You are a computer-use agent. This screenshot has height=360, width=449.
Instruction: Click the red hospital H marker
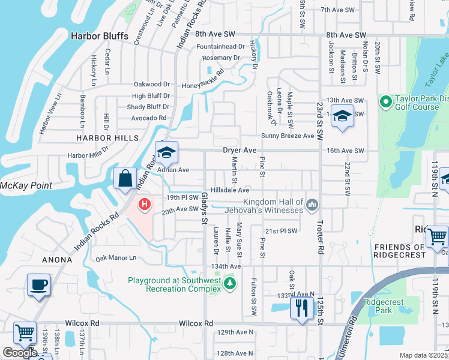144,205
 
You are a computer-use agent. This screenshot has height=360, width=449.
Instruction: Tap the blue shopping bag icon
125,178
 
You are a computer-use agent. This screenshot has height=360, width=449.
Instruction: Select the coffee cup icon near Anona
38,284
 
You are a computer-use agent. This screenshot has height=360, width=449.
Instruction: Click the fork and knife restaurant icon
301,308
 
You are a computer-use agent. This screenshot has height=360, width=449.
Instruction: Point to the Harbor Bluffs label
100,36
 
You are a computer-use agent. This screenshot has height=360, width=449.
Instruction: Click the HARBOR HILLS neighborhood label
98,138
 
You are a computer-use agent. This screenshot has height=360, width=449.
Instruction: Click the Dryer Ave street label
240,150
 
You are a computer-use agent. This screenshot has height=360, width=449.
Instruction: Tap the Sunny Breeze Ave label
287,136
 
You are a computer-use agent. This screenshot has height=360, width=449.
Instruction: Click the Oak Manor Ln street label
116,258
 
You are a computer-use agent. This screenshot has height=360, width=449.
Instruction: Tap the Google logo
20,353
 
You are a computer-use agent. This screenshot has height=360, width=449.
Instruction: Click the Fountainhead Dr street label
220,46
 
